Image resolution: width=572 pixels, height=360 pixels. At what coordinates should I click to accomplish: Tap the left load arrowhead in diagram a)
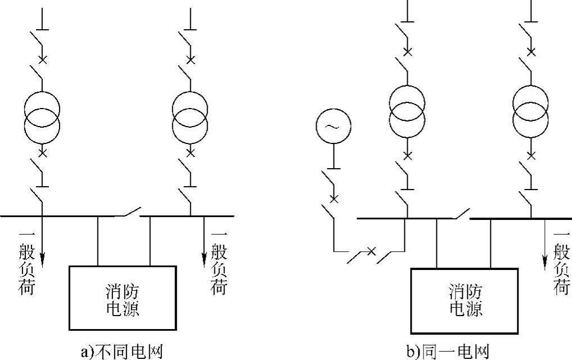click(42, 260)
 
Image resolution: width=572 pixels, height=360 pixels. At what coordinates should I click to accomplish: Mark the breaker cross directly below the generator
click(334, 198)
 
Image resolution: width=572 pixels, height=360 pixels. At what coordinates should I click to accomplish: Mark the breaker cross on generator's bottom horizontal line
click(371, 250)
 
